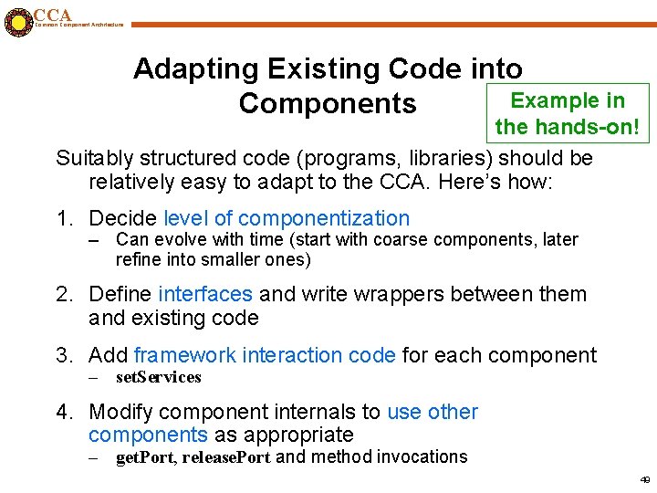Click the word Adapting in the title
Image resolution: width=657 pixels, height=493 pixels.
[195, 68]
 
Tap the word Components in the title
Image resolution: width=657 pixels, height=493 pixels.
[327, 104]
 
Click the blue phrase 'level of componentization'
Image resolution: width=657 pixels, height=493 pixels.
[287, 218]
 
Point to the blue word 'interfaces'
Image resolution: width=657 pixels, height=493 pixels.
[205, 294]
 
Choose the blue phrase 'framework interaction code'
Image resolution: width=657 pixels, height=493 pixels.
[265, 355]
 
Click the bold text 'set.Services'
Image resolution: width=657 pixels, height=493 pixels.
[158, 377]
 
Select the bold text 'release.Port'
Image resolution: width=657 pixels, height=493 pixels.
[226, 456]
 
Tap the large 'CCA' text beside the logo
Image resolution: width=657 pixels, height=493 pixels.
[52, 15]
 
